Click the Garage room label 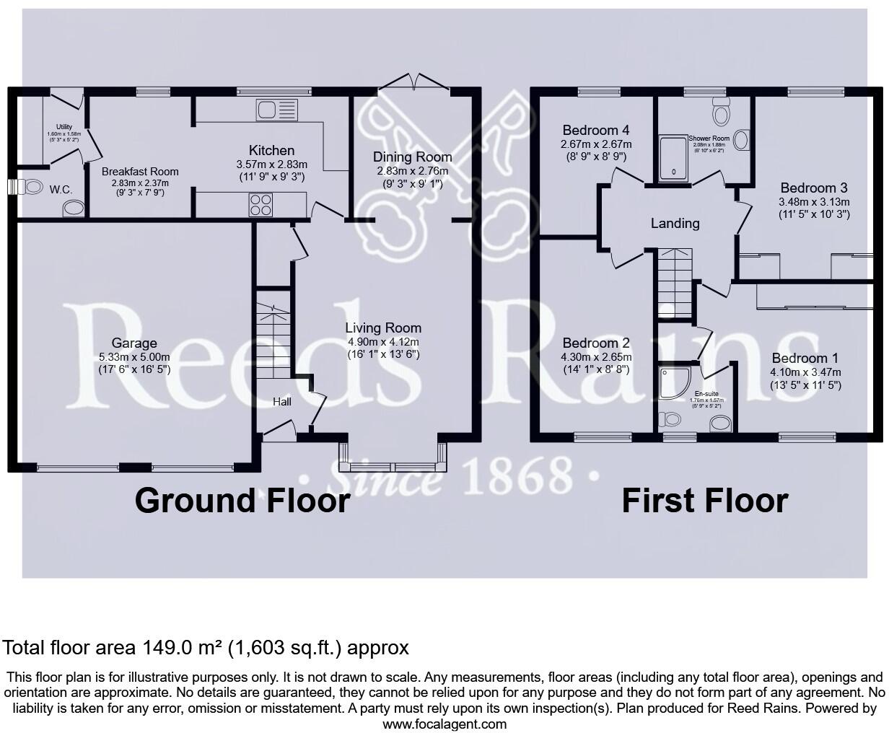pyautogui.click(x=134, y=343)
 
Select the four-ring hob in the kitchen pyautogui.click(x=260, y=205)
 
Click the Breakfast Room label pyautogui.click(x=140, y=172)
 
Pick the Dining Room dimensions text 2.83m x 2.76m pyautogui.click(x=412, y=171)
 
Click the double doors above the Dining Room pyautogui.click(x=414, y=82)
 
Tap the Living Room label pyautogui.click(x=382, y=328)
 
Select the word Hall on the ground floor pyautogui.click(x=281, y=401)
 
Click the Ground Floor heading pyautogui.click(x=242, y=500)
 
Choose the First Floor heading pyautogui.click(x=704, y=500)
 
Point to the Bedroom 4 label pyautogui.click(x=595, y=131)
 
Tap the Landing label pyautogui.click(x=675, y=223)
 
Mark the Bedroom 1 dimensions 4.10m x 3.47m pyautogui.click(x=805, y=372)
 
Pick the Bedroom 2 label pyautogui.click(x=596, y=343)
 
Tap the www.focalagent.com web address pyautogui.click(x=444, y=724)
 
